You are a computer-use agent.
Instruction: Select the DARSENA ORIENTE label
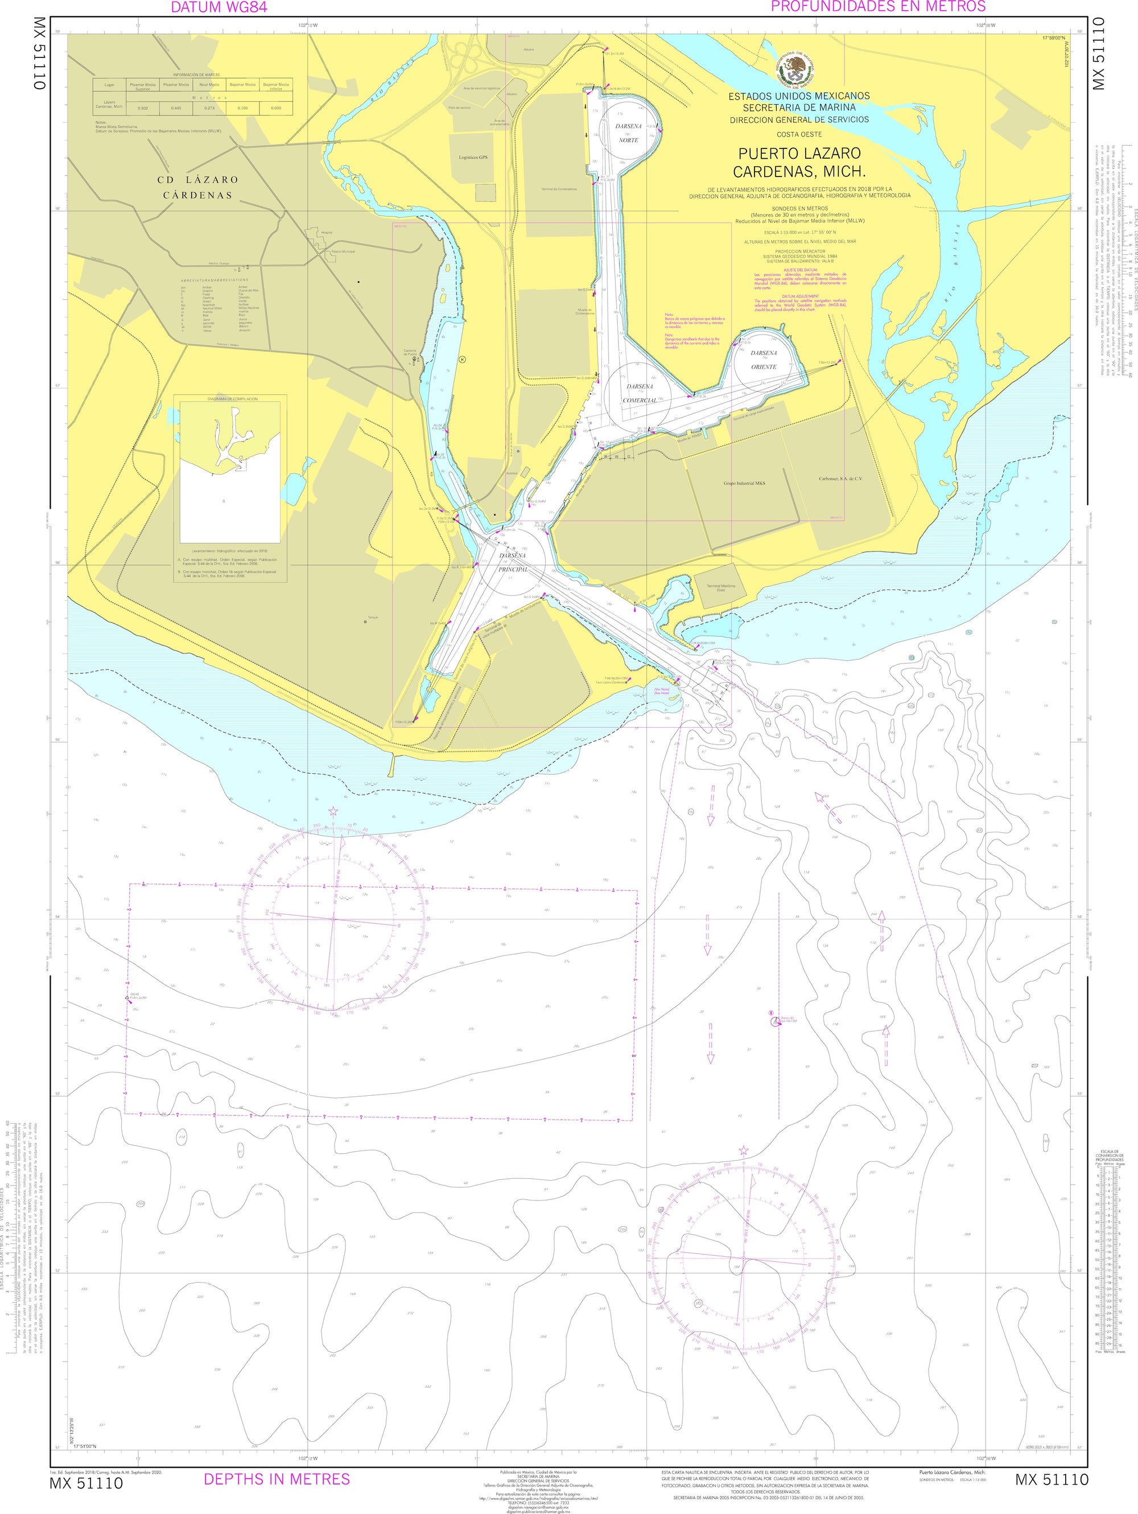(764, 360)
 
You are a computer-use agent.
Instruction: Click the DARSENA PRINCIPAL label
(513, 564)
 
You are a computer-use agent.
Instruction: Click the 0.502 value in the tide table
(143, 108)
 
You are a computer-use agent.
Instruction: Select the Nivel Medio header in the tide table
(209, 85)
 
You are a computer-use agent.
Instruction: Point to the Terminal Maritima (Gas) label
(716, 587)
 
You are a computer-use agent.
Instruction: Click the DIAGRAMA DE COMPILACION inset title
(230, 398)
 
